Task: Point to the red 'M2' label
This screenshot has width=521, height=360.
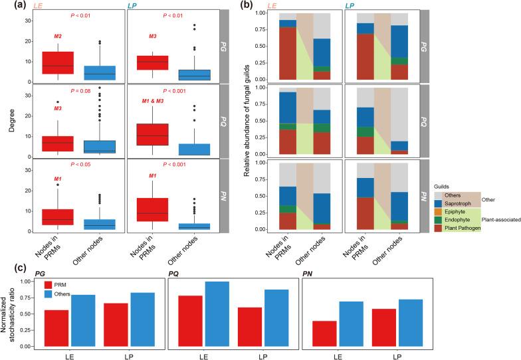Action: [58, 36]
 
